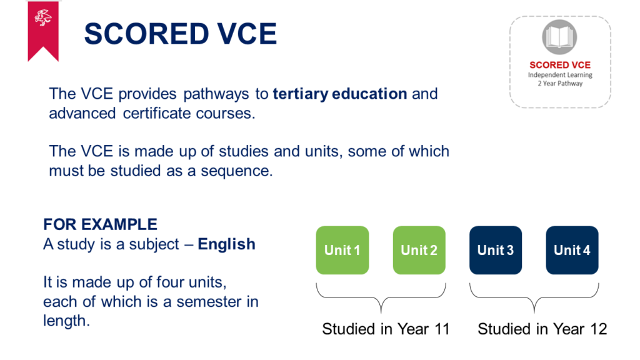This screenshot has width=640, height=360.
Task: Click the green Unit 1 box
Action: [x=342, y=250]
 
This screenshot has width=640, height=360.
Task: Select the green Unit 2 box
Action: [x=419, y=250]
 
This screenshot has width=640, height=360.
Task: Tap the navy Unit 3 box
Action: [x=496, y=250]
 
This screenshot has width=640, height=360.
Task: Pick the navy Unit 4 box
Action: [x=572, y=250]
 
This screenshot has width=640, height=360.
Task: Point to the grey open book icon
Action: [x=559, y=37]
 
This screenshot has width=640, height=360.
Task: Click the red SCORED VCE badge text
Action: [x=560, y=65]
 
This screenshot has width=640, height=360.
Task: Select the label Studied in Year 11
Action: [x=386, y=329]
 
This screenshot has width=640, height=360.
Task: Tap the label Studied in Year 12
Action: [x=542, y=329]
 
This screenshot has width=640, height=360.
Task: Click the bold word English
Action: [x=226, y=244]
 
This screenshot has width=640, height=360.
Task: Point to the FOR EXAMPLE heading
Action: [x=101, y=224]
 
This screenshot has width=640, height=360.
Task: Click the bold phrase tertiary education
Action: [x=340, y=94]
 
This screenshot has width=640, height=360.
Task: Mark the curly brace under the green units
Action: [x=381, y=297]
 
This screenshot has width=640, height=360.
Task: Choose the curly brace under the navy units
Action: [x=534, y=297]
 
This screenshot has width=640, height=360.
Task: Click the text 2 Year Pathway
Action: [x=560, y=83]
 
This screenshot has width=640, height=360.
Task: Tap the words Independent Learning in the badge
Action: [x=560, y=75]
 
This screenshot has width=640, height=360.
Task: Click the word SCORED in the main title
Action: [x=146, y=34]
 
